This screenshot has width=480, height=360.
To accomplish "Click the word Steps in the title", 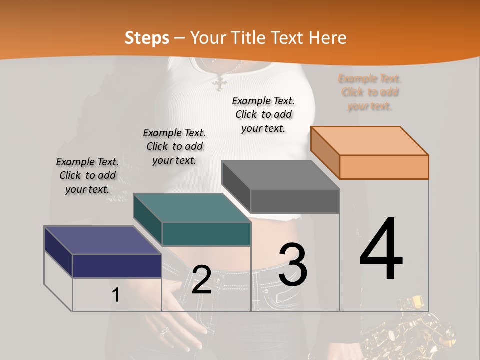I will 147,38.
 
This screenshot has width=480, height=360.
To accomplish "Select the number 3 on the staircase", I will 292,265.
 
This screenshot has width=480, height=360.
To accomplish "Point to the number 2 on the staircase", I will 201,280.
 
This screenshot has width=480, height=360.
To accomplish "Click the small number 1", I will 115,295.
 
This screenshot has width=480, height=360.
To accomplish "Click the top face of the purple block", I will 102,240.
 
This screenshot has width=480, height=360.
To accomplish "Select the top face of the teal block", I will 192,208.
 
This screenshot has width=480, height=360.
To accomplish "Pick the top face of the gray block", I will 280,175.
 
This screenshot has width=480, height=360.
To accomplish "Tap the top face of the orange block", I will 369,141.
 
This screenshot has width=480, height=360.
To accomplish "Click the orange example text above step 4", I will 370,92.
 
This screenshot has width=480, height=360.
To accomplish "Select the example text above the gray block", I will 263,114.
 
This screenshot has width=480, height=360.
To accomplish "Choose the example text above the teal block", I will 174,146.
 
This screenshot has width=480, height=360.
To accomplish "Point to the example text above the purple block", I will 87,175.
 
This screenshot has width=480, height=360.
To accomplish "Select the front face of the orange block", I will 384,167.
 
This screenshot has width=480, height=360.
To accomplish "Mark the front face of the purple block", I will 117,266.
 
